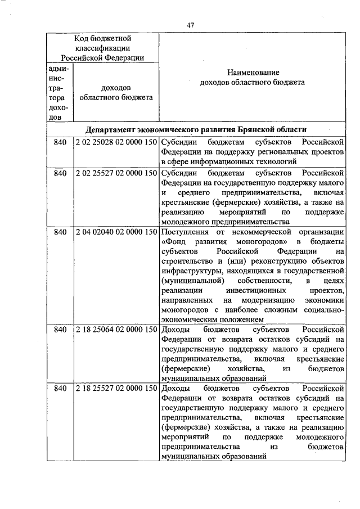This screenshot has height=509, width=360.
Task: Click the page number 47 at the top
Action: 191,25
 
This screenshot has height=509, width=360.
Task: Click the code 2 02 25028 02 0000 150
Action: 116,142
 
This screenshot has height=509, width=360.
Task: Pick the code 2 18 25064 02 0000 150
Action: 116,328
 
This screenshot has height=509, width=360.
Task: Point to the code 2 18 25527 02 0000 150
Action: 116,389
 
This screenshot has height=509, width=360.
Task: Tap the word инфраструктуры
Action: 189,271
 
